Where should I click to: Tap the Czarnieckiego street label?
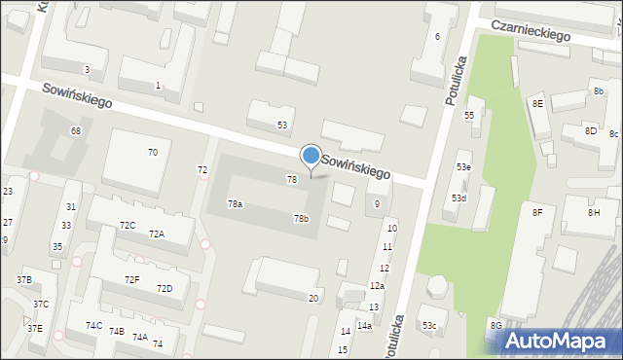tap(531, 31)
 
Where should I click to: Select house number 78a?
tap(236, 204)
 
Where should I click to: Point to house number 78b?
tap(301, 218)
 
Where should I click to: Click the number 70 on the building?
tap(153, 153)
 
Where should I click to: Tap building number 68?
tap(75, 130)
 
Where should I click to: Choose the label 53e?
tap(464, 167)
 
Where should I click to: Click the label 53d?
tap(458, 198)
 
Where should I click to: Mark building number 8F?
tap(536, 211)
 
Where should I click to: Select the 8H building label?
tap(594, 212)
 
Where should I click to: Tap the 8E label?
tap(537, 103)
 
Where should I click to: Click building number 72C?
tap(128, 226)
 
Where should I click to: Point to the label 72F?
tap(132, 280)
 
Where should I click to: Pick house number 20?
tap(312, 299)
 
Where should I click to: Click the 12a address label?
tap(377, 286)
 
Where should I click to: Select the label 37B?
tap(24, 280)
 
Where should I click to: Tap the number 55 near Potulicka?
tap(468, 116)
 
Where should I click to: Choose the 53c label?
tap(429, 325)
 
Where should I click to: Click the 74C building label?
tap(93, 325)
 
